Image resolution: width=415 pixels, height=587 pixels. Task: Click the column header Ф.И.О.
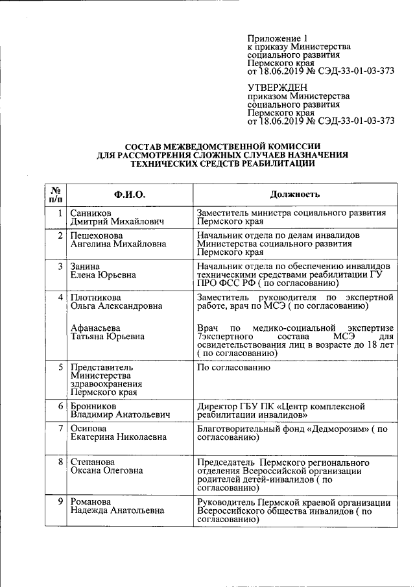tap(130, 195)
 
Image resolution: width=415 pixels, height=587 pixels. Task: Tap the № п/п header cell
tap(56, 195)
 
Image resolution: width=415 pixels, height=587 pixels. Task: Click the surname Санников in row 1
tap(91, 213)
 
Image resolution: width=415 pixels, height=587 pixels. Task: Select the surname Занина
tap(85, 267)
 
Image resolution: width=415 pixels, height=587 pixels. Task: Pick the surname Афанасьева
tap(96, 328)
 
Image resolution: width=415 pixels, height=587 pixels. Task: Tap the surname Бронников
tap(95, 406)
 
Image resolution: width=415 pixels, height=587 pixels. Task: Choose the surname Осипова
tap(89, 429)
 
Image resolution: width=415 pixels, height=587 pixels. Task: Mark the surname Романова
tap(91, 502)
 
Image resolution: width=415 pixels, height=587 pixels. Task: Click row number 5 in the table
tap(60, 368)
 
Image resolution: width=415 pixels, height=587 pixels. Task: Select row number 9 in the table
tap(60, 502)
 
